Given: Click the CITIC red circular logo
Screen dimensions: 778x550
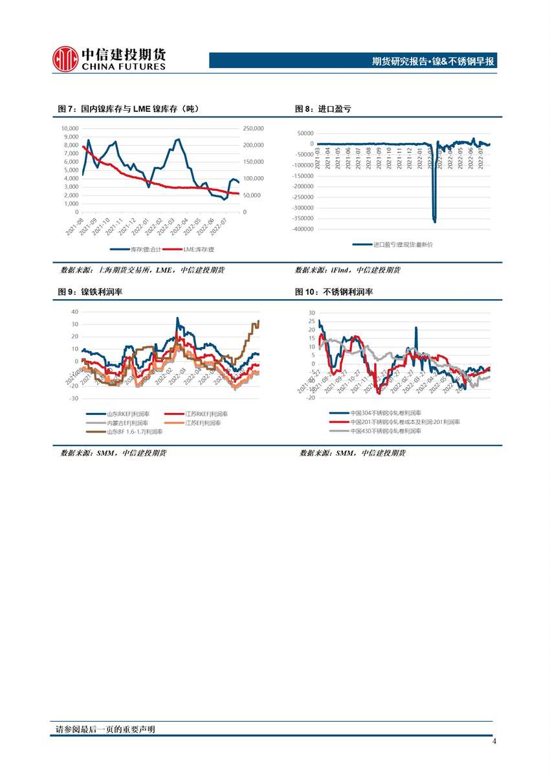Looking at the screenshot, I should [65, 58].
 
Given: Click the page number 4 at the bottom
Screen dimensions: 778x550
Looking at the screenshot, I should [494, 742].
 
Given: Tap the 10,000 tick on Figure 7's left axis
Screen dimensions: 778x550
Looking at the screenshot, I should [69, 128].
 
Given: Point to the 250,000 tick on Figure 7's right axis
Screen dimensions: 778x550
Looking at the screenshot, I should [253, 128].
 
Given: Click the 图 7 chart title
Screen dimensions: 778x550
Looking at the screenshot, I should [128, 109].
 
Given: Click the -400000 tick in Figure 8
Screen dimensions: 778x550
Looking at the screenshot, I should [303, 229].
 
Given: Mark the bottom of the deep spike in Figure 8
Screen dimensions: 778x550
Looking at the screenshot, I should [435, 221].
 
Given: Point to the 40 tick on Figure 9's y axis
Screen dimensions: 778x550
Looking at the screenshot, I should [74, 311].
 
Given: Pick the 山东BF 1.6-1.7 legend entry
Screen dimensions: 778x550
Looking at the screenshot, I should [127, 431].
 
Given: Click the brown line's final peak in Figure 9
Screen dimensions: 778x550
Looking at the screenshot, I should [258, 321].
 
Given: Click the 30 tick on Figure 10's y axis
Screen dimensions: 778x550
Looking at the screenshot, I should [311, 313].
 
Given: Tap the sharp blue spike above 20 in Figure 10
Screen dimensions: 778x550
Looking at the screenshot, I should [415, 328].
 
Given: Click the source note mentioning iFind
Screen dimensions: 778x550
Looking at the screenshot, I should [347, 270].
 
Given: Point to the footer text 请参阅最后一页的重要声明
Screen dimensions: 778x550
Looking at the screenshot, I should [106, 729].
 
